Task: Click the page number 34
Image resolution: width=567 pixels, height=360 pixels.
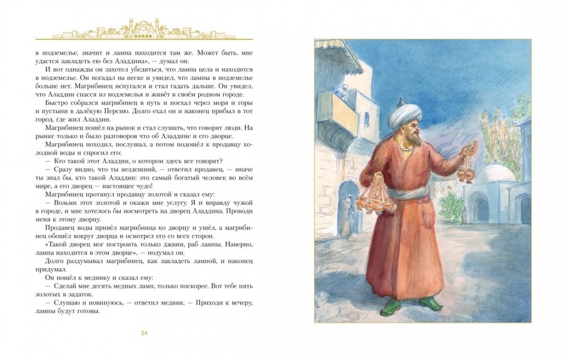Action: [x=144, y=332]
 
